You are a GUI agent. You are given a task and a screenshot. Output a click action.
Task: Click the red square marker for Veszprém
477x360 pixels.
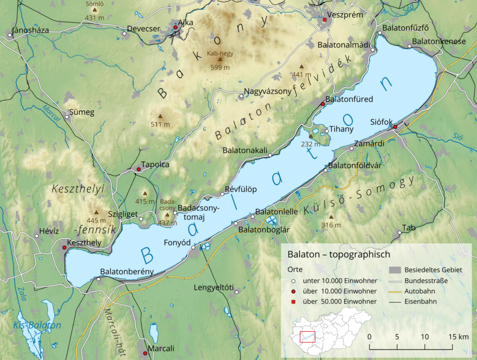coord(325,20)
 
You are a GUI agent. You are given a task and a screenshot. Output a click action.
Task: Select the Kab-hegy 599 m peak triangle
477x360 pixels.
coord(220,61)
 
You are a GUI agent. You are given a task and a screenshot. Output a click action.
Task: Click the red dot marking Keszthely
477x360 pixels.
coord(64,248)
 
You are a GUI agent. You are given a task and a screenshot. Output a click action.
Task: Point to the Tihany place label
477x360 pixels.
coord(341,129)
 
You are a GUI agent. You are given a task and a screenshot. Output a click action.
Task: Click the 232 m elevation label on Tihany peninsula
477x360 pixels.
coord(311,144)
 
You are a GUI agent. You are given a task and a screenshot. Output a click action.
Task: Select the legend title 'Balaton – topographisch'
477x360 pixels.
coord(339,254)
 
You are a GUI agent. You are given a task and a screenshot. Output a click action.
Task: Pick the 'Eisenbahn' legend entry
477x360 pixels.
coord(421,301)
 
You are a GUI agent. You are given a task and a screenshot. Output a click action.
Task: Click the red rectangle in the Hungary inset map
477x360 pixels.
coord(307,336)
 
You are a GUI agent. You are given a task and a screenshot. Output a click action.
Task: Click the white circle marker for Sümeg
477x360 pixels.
coord(67,117)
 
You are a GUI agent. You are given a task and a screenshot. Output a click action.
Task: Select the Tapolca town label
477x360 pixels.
coord(155,164)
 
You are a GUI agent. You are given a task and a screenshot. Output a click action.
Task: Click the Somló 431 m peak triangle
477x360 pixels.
coord(95,9)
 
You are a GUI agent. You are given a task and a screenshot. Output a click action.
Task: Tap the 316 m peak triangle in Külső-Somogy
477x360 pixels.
coord(331,217)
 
